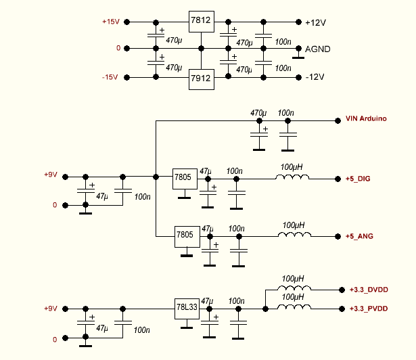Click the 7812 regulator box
[x=201, y=22]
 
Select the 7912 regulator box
[x=201, y=78]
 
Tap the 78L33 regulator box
[x=186, y=308]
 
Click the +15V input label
[x=110, y=22]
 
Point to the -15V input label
[x=110, y=77]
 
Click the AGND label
[x=318, y=49]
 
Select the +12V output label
[x=315, y=22]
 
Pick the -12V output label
[x=315, y=77]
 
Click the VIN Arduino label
[x=366, y=119]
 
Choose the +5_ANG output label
[x=360, y=236]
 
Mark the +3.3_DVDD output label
[x=369, y=290]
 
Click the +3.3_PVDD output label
[x=369, y=309]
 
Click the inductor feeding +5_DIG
[x=292, y=177]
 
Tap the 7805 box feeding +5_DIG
[x=183, y=177]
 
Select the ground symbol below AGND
[x=296, y=58]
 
